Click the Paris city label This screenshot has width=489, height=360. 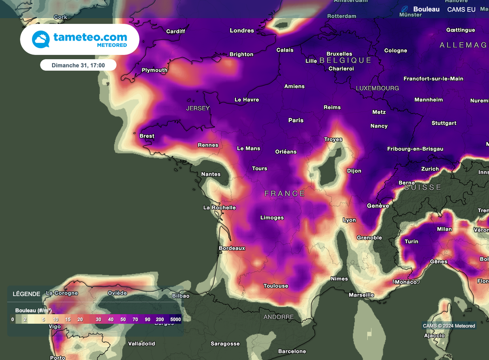(x=296, y=120)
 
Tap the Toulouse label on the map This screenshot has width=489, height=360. (x=276, y=286)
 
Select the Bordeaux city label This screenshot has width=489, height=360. (x=232, y=248)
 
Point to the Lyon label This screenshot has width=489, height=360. (x=349, y=220)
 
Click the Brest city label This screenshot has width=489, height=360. (x=147, y=136)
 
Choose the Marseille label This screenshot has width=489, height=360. (x=361, y=295)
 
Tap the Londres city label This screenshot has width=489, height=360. (x=242, y=31)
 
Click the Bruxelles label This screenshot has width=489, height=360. (x=339, y=54)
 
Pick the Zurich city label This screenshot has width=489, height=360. (x=430, y=169)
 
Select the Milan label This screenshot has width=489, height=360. (x=444, y=229)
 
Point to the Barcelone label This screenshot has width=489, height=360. (x=292, y=351)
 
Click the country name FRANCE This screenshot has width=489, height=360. (x=285, y=193)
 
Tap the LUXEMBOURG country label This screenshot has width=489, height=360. (x=377, y=88)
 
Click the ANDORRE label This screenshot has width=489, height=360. (x=278, y=317)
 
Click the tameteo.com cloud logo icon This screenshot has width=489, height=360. (x=41, y=39)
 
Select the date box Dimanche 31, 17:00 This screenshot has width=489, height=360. (x=78, y=65)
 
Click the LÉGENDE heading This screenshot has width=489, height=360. (x=26, y=294)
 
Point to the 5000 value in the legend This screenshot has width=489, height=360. (x=175, y=319)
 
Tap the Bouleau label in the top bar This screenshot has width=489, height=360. (x=426, y=10)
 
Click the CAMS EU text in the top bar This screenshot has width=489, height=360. (x=461, y=10)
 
